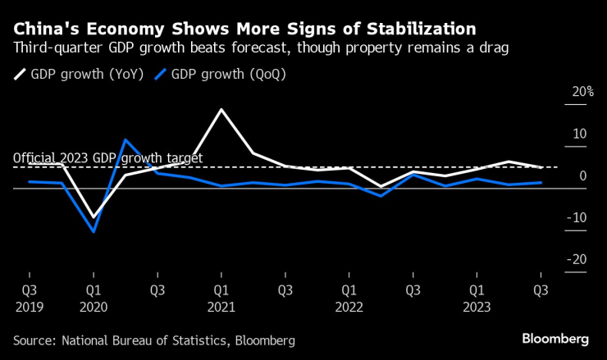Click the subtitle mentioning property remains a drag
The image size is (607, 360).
(x=261, y=48)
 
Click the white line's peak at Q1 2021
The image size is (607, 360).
(x=221, y=109)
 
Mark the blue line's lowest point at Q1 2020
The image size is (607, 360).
(x=94, y=231)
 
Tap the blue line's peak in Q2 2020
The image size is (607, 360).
(x=125, y=140)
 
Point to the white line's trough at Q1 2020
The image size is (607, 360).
(x=94, y=217)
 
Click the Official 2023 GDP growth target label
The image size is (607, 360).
(x=107, y=158)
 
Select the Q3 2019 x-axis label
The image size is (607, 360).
(x=30, y=298)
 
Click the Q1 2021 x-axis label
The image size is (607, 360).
(x=221, y=298)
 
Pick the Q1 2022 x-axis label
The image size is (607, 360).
(x=349, y=298)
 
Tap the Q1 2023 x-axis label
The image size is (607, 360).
(x=477, y=298)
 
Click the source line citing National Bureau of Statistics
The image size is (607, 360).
(x=153, y=339)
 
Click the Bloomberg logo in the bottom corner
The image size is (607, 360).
(x=555, y=339)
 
